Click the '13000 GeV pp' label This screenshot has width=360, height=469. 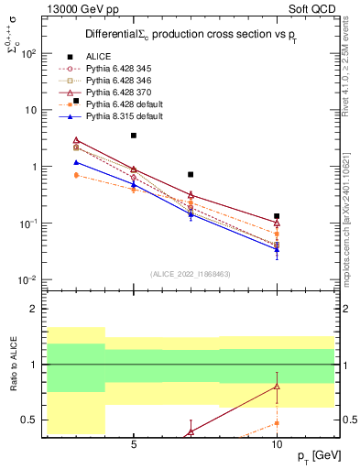tap(80, 7)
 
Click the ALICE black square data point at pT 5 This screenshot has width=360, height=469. tap(134, 136)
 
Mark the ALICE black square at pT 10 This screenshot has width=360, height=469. tap(277, 216)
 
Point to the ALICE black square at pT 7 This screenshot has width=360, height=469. tap(191, 174)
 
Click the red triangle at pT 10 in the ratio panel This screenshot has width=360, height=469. tap(277, 387)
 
